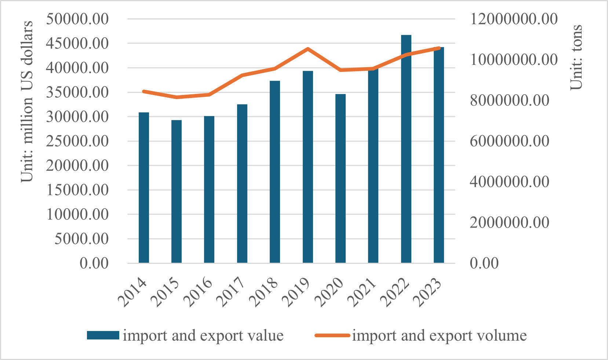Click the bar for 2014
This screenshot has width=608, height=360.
pos(144,188)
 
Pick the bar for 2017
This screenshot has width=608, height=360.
pos(242,183)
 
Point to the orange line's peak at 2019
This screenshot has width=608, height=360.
pos(308,49)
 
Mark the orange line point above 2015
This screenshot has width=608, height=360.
pos(176,97)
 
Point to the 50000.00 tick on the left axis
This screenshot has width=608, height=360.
pos(77,19)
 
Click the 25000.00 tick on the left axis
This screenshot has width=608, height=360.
pos(77,141)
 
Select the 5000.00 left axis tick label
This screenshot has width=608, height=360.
pos(81,239)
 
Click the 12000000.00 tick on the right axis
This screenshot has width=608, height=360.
pos(514,19)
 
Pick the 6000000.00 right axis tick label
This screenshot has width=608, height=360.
pos(509,141)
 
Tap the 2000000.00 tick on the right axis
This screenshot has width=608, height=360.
pos(509,222)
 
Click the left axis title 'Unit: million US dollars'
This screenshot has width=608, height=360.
pos(27,102)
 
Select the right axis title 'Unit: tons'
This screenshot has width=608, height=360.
pos(576,57)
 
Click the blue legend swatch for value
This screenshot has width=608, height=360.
pos(103,335)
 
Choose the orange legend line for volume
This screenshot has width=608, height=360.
pos(332,335)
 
